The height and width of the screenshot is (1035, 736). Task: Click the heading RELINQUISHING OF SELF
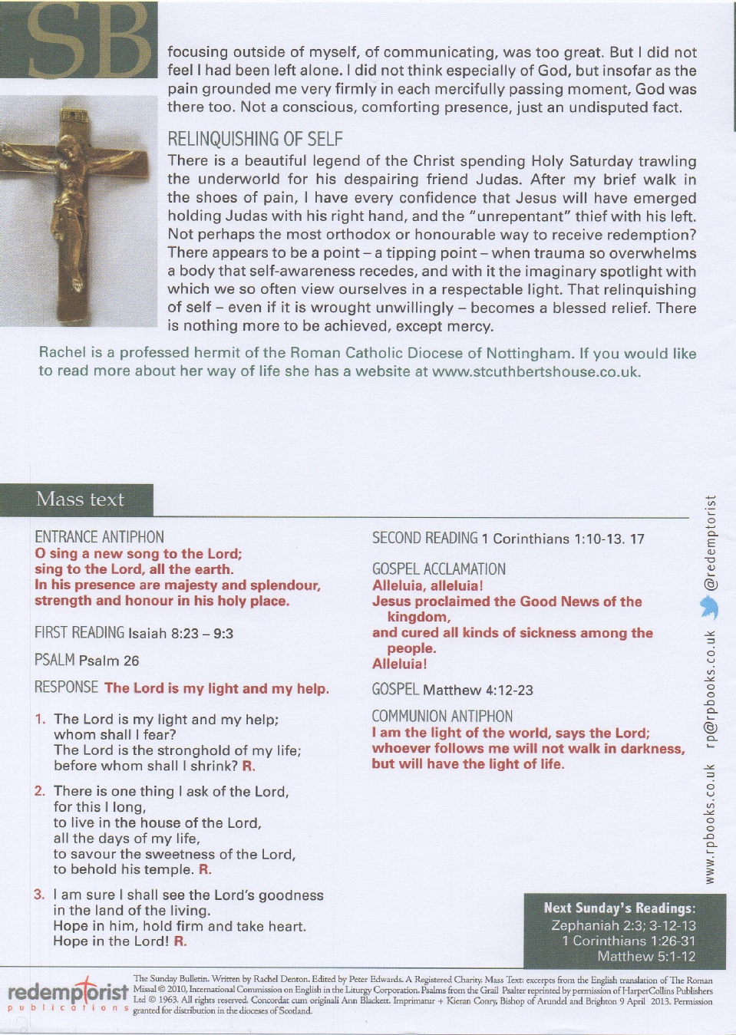[255, 139]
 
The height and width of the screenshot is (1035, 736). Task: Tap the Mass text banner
[80, 499]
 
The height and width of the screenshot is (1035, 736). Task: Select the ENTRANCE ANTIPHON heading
[99, 537]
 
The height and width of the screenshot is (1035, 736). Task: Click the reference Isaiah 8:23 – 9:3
[180, 634]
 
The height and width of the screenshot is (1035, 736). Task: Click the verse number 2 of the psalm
[40, 791]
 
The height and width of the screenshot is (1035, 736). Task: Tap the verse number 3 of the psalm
[39, 895]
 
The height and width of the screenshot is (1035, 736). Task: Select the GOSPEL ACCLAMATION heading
[439, 569]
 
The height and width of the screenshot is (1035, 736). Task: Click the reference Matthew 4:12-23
[477, 690]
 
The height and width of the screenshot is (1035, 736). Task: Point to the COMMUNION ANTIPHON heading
[442, 717]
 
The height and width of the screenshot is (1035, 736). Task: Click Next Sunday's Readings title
[619, 908]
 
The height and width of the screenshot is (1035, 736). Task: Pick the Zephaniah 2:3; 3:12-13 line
[623, 925]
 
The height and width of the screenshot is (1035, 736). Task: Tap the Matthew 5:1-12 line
[646, 956]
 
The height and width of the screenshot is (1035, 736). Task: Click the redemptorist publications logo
[68, 994]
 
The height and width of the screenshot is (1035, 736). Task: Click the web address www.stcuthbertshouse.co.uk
[535, 372]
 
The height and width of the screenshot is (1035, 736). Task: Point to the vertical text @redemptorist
[711, 542]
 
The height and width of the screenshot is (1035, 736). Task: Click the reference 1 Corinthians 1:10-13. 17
[563, 539]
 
